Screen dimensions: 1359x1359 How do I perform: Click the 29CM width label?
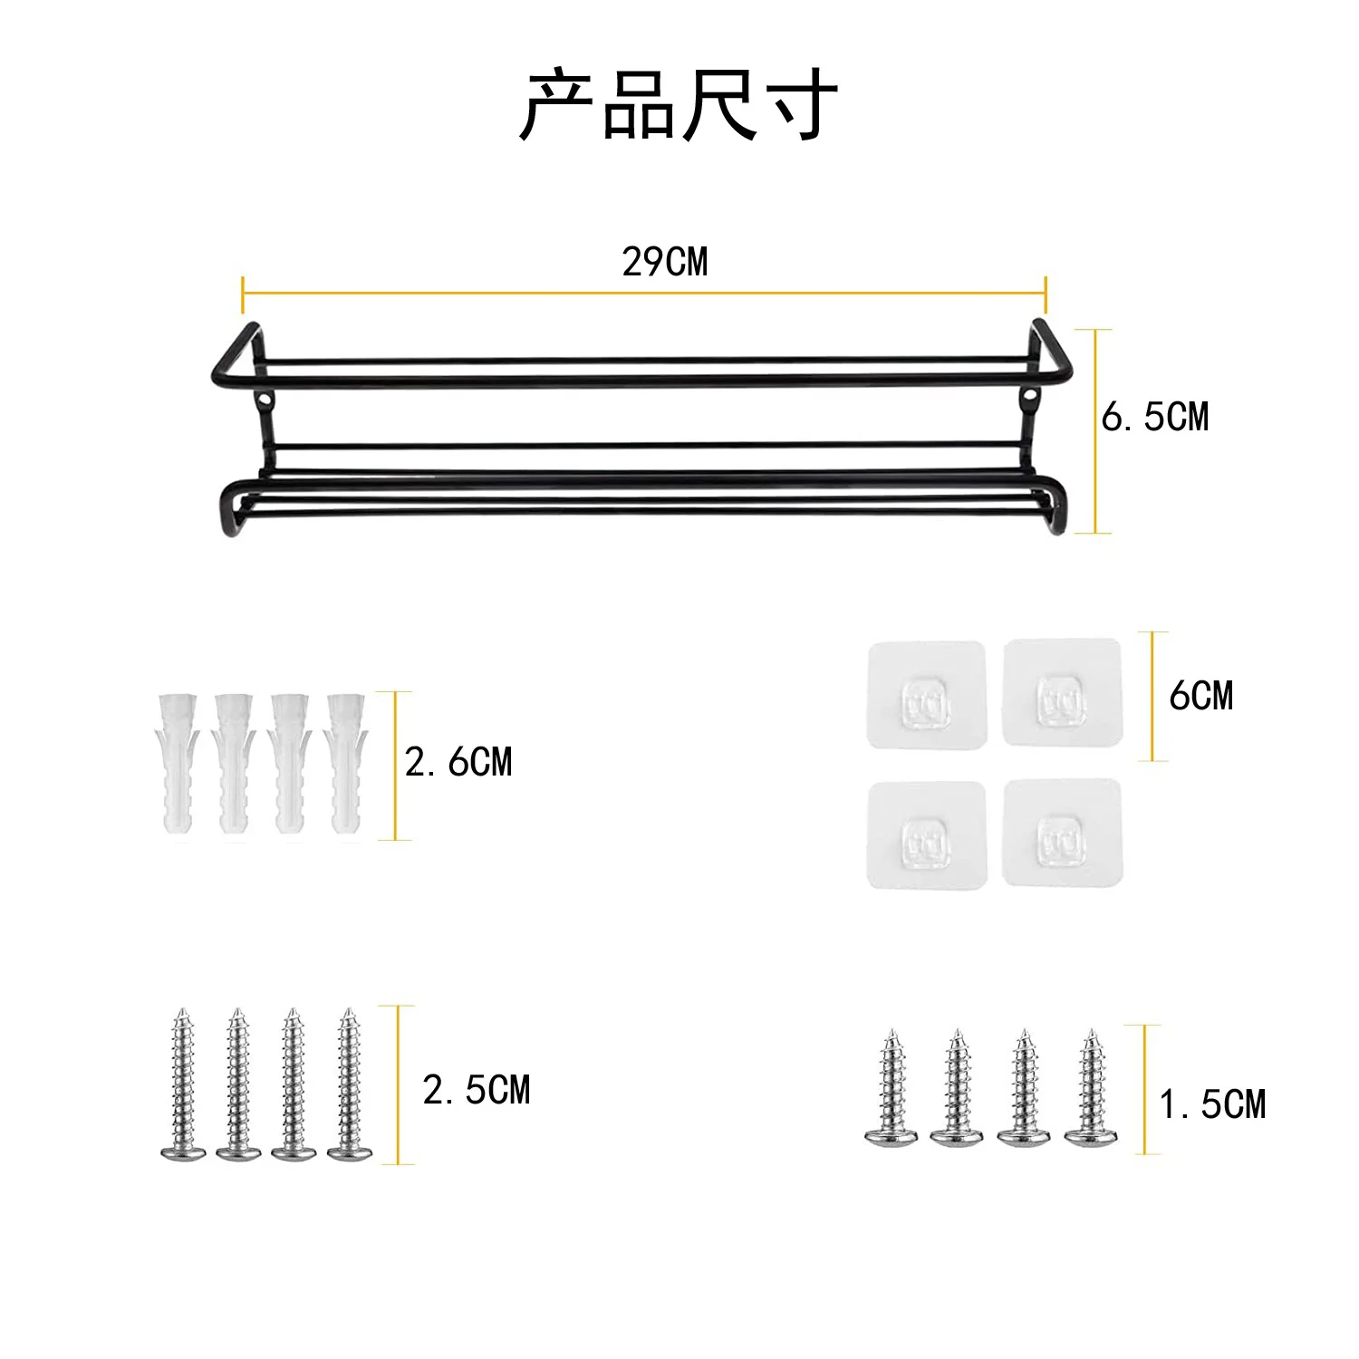pos(664,262)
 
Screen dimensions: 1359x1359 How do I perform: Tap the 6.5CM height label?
pos(1155,417)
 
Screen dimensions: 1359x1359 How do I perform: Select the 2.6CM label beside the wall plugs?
pos(458,763)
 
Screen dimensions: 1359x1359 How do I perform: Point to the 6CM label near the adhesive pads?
pos(1201,696)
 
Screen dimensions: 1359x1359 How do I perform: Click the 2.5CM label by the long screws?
pos(477,1090)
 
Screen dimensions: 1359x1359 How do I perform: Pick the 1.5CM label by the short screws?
pos(1213,1104)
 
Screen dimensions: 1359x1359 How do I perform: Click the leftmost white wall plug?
pos(178,765)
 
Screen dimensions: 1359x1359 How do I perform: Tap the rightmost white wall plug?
pos(346,765)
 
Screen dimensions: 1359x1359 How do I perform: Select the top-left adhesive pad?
pos(926,696)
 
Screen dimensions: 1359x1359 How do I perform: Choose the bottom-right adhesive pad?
pos(1062,834)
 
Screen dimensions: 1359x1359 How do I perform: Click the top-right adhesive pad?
pos(1062,693)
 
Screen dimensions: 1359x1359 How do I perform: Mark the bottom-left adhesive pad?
pos(926,835)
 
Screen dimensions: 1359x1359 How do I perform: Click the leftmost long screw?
pos(182,1084)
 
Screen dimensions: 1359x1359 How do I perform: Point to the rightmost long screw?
pos(350,1084)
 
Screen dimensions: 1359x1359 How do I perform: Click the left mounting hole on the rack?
pos(264,399)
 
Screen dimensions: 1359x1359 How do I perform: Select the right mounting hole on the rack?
pos(1031,396)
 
